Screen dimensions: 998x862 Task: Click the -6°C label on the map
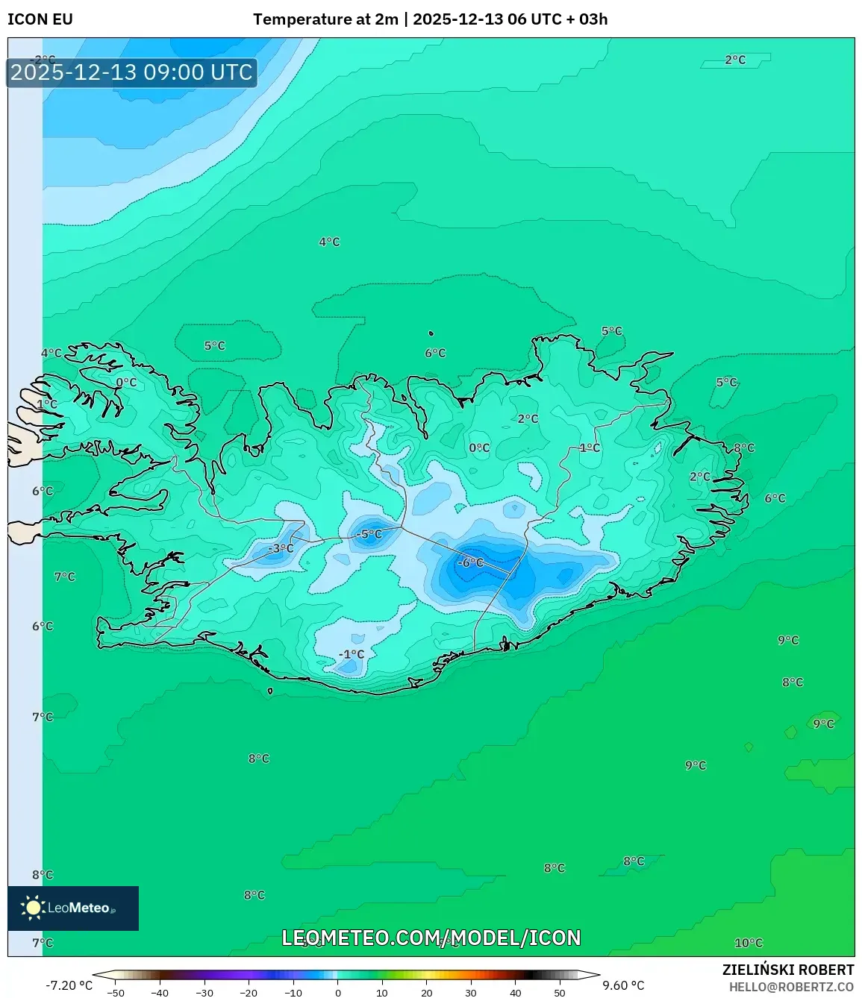[470, 562]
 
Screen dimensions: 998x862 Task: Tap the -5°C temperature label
[368, 534]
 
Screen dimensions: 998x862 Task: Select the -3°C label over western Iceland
[281, 548]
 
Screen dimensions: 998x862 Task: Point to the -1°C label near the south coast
[352, 654]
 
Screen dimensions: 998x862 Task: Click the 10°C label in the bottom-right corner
[749, 943]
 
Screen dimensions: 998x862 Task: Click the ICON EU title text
[40, 19]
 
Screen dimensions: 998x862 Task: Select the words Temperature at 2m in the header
[325, 19]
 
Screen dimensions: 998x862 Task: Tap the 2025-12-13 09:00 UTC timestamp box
[132, 72]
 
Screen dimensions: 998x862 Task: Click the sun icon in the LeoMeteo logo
[33, 907]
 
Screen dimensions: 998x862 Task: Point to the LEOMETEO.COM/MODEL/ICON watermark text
[431, 938]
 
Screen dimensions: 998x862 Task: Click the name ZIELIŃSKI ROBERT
[788, 970]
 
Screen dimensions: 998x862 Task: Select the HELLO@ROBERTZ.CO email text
[791, 987]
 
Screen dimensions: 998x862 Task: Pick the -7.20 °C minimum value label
[69, 985]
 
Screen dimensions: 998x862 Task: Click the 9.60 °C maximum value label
[623, 985]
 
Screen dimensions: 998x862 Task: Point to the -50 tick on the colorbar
[116, 993]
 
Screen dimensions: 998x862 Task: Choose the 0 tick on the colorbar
[338, 993]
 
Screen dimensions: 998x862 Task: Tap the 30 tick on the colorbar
[471, 993]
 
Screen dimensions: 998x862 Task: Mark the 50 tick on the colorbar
[560, 993]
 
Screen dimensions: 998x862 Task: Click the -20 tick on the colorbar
[249, 993]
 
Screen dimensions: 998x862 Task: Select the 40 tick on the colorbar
[516, 993]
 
